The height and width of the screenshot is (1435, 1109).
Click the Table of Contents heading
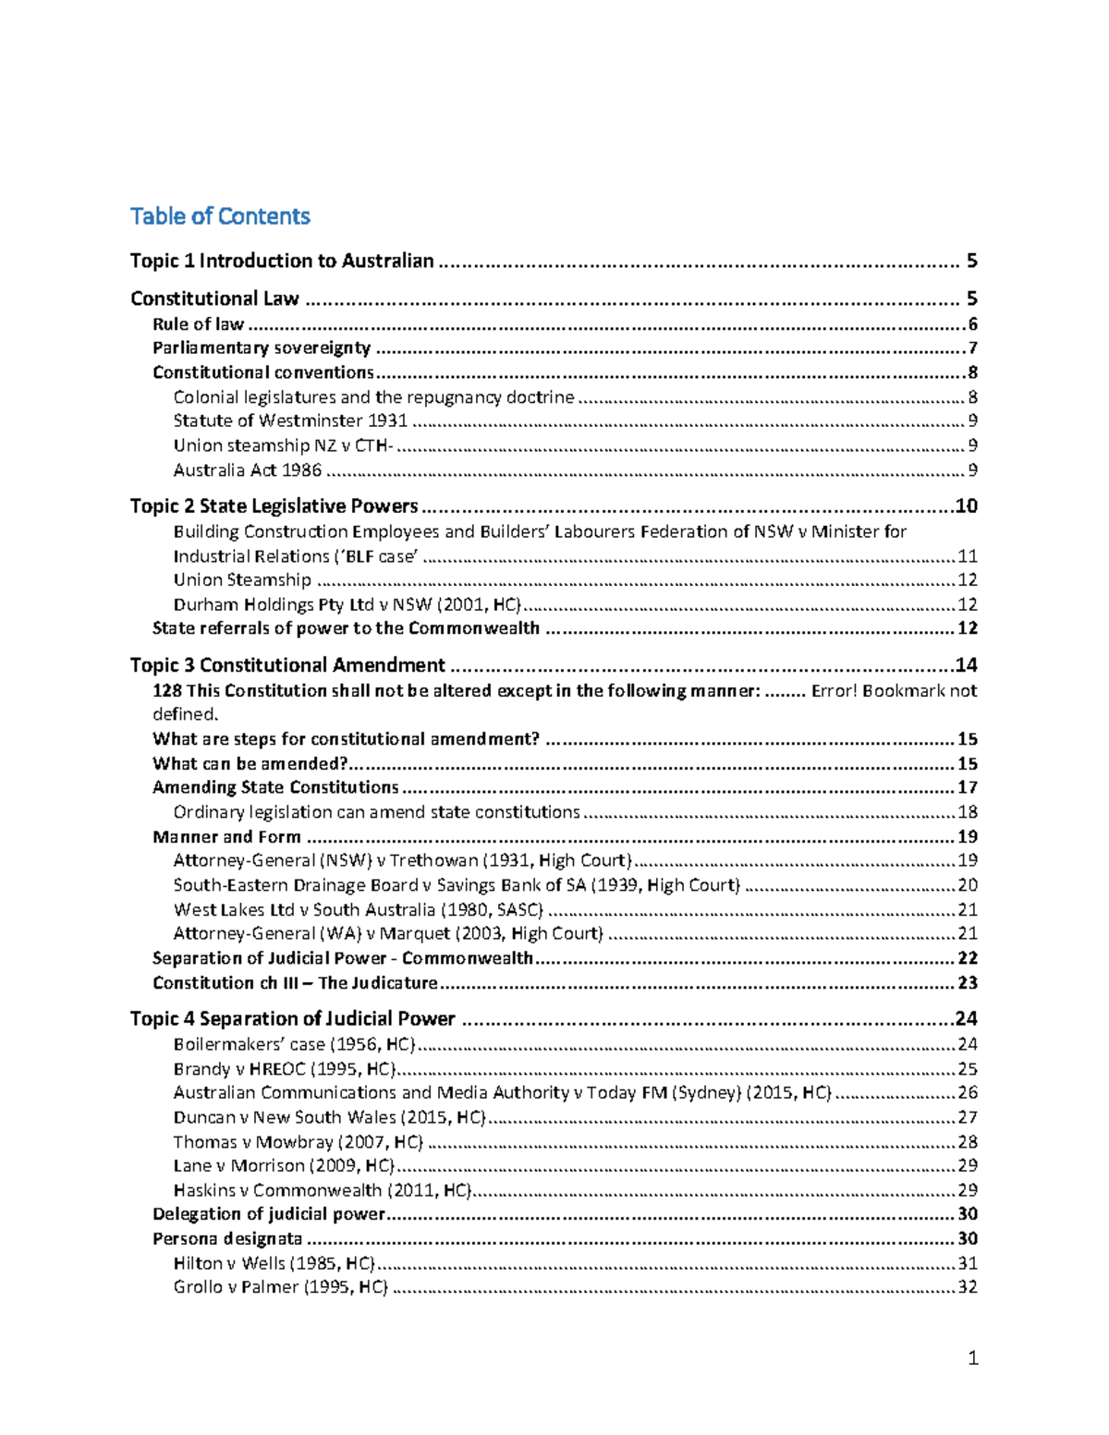(220, 216)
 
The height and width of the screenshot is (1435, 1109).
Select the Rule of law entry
(198, 324)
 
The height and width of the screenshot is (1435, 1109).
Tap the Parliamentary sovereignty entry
(262, 348)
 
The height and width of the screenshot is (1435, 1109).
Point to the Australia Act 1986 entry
(248, 470)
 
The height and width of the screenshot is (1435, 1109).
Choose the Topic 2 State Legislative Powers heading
(274, 506)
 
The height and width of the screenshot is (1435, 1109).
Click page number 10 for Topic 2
(967, 506)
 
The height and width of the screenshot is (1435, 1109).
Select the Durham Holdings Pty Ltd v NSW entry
(347, 605)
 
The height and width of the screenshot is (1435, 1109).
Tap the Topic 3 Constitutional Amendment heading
(287, 665)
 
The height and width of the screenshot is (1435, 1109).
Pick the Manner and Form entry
(226, 837)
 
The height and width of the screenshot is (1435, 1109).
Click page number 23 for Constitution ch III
(968, 983)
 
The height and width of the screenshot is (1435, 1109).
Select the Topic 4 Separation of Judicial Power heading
(292, 1019)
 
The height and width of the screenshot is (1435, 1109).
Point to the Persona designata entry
(227, 1239)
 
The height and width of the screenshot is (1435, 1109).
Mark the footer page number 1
(972, 1358)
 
